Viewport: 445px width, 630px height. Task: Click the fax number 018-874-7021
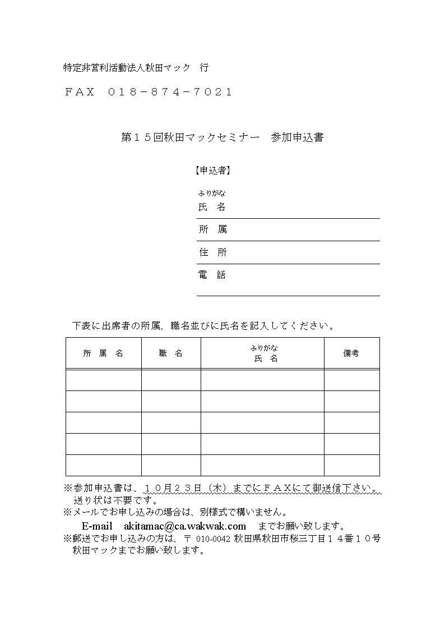[x=169, y=92]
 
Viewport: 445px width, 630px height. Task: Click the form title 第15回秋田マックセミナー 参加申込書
[x=222, y=137]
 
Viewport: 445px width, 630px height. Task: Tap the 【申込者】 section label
[x=213, y=171]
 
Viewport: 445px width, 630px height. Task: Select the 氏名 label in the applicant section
[x=212, y=207]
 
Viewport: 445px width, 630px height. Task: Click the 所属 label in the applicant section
[x=213, y=229]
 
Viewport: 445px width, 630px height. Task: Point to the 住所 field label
[x=213, y=252]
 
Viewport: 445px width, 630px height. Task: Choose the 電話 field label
[x=212, y=275]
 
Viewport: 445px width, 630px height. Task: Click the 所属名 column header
[x=103, y=353]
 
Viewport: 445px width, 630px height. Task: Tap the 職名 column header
[x=171, y=353]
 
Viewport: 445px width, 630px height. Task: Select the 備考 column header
[x=351, y=353]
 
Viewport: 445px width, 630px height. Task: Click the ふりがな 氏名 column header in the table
[x=262, y=353]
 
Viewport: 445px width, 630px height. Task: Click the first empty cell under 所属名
[x=103, y=380]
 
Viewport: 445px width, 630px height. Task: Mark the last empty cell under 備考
[x=351, y=465]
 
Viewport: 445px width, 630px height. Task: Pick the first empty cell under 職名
[x=171, y=380]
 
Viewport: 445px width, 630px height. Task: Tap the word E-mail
[x=98, y=526]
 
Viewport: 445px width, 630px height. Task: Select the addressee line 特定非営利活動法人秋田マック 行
[x=136, y=68]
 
